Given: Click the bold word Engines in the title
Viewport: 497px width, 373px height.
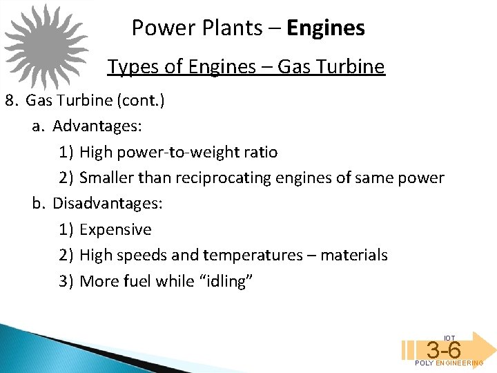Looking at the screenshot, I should click(326, 28).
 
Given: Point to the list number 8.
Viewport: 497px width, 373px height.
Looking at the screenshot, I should click(10, 100).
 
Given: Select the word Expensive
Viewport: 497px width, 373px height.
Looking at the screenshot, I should click(115, 229).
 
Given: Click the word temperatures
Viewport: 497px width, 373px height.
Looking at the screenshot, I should click(253, 256).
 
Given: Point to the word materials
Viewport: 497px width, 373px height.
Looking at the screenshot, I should click(355, 256).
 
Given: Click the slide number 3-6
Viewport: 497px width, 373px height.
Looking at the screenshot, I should click(444, 350).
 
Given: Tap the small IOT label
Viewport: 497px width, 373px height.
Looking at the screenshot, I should click(449, 338).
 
